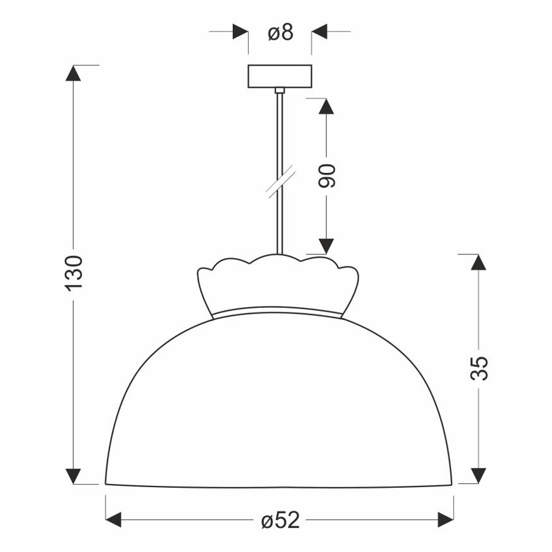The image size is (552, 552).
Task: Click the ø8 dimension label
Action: point(279,32)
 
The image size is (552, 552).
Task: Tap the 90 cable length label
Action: point(326,176)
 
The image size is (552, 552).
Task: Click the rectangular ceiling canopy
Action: point(279,76)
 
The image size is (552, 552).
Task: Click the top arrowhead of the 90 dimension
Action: point(326,106)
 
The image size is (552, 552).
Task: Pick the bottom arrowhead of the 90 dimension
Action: point(326,246)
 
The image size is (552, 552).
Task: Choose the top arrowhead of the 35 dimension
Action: point(479,261)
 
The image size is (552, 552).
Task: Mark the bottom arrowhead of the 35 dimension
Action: point(479,476)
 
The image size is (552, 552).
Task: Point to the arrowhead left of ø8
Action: point(240,31)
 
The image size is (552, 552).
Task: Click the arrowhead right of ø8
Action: point(319,31)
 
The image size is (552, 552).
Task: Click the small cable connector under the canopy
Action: point(279,92)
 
